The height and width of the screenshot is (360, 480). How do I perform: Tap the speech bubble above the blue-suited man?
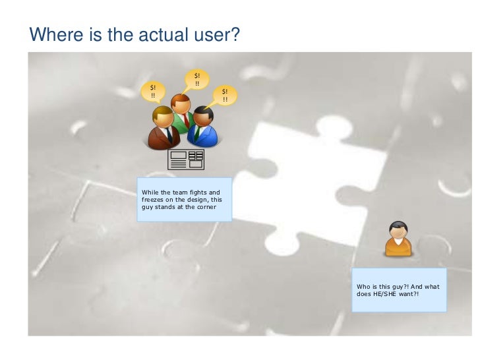pyautogui.click(x=225, y=96)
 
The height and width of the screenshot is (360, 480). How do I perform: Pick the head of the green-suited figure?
pyautogui.click(x=179, y=104)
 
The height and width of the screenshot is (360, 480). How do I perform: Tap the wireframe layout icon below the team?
pyautogui.click(x=187, y=159)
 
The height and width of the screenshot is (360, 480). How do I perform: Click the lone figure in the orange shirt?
pyautogui.click(x=398, y=239)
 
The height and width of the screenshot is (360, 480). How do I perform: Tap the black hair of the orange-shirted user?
pyautogui.click(x=398, y=225)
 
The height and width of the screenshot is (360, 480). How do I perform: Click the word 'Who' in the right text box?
pyautogui.click(x=363, y=287)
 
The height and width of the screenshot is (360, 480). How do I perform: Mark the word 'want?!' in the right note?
pyautogui.click(x=409, y=294)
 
